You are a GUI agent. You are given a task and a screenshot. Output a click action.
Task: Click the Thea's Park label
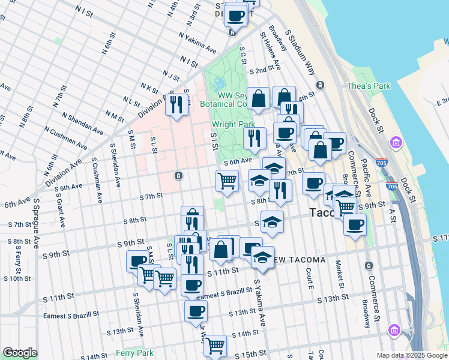(x=368, y=86)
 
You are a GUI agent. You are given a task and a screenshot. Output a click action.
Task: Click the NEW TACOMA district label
(x=297, y=260)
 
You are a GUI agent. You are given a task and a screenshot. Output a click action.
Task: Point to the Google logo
(x=20, y=353)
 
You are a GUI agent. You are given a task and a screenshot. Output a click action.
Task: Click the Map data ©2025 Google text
(x=412, y=355)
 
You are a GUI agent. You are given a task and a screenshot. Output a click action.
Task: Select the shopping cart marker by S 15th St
(x=215, y=346)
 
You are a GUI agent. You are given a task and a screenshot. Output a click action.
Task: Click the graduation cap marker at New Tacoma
(x=262, y=257)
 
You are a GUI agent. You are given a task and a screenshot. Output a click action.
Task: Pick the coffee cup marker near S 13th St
(x=196, y=311)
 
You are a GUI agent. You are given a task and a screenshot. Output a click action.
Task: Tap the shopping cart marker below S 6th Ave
(x=227, y=180)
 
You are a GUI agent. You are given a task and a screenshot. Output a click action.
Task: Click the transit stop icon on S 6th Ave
(x=178, y=175)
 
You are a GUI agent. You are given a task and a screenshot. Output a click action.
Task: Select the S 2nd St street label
(x=261, y=71)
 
